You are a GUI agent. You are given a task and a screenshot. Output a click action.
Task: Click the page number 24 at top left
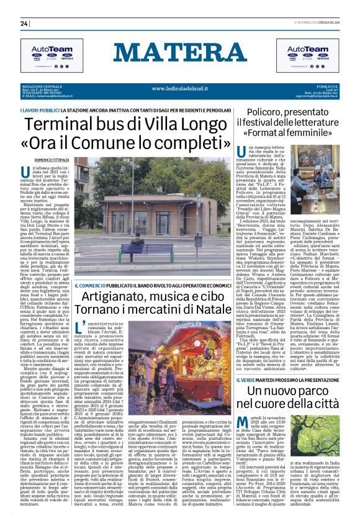pyautogui.click(x=24, y=24)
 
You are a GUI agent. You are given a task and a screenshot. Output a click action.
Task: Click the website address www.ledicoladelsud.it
pyautogui.click(x=179, y=88)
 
